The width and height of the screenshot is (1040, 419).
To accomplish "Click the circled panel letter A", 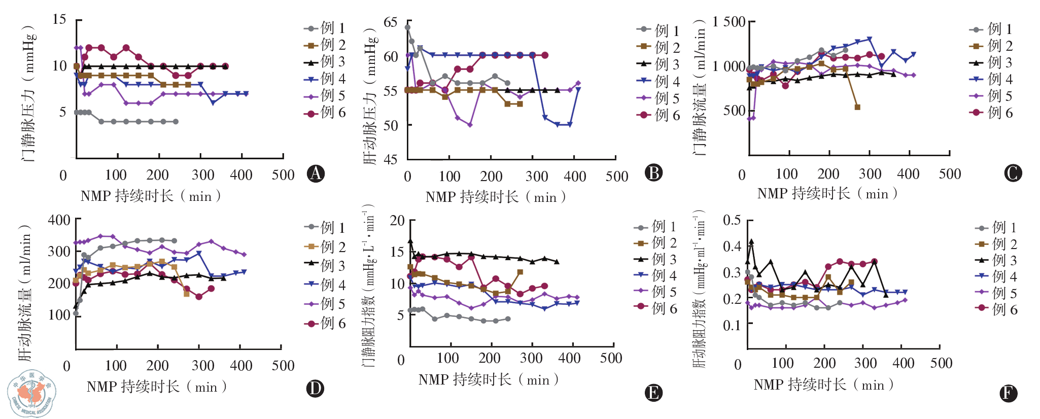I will (x=316, y=173).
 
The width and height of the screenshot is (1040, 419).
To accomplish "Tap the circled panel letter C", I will (x=1013, y=173).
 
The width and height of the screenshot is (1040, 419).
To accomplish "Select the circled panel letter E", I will (x=653, y=393).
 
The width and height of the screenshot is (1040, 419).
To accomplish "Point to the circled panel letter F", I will (x=1007, y=393).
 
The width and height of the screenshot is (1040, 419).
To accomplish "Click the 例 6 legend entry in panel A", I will (x=325, y=113).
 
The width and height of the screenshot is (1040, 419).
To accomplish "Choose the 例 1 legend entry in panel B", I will (x=658, y=30).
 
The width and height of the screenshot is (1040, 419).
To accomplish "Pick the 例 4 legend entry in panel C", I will (x=991, y=79).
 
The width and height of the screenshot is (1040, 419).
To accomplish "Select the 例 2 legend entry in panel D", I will (x=325, y=247).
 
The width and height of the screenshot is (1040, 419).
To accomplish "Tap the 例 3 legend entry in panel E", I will (x=656, y=259).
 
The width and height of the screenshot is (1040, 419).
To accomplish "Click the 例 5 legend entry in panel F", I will (x=996, y=293).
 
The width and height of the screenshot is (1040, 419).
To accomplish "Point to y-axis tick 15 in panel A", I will (x=59, y=19).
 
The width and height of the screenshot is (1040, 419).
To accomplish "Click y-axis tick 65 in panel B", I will (x=391, y=22).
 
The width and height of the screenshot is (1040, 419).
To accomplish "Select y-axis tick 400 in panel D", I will (x=59, y=220).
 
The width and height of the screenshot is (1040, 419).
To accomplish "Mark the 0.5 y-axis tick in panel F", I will (x=732, y=220).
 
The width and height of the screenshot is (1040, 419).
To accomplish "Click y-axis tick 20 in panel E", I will (x=397, y=220).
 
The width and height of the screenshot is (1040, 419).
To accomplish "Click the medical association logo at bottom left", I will (x=31, y=394).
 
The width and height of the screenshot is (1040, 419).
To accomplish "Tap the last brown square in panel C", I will (x=857, y=107).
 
